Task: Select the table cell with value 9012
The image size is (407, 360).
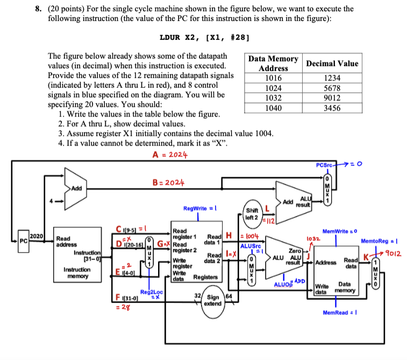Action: (x=331, y=98)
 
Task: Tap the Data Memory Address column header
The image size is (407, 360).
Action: (x=273, y=63)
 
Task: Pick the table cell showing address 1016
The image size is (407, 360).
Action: (x=273, y=78)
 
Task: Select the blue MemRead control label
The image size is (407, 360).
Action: (x=337, y=313)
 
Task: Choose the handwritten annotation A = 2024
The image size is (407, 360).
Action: (x=170, y=154)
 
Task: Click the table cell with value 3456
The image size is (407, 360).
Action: (x=331, y=108)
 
